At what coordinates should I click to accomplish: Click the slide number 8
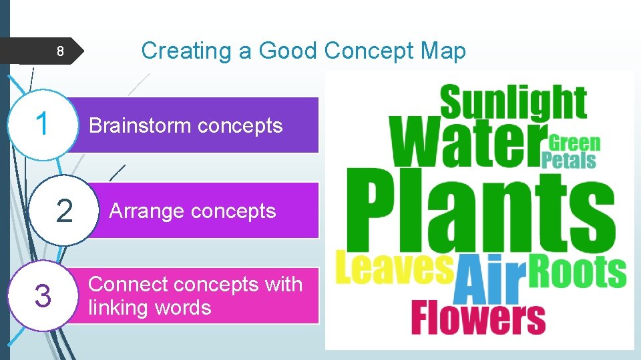(59, 51)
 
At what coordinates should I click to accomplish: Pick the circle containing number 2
(65, 211)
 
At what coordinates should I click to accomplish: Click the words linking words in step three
(150, 308)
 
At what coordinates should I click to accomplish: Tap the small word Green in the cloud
(574, 143)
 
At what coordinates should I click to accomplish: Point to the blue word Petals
(568, 161)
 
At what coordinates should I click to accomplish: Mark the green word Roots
(578, 271)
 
